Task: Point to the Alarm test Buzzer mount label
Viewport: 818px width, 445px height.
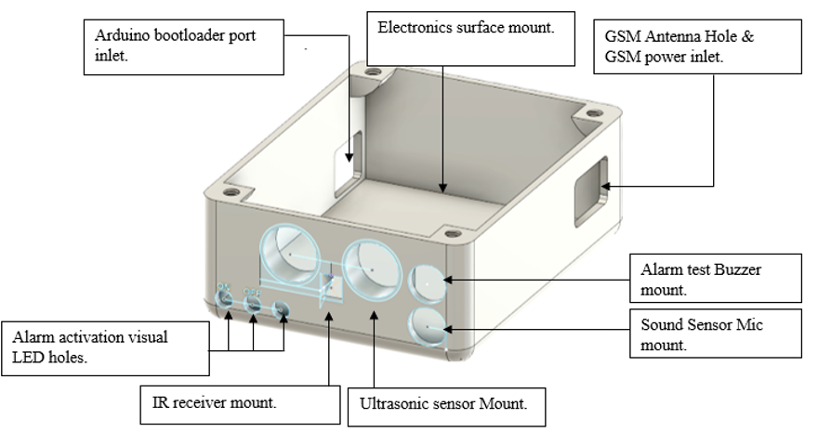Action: (715, 277)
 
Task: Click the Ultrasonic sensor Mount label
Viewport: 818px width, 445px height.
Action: (445, 406)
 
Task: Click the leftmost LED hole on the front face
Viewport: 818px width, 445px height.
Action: (224, 299)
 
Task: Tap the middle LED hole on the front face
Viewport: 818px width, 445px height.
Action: (253, 304)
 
